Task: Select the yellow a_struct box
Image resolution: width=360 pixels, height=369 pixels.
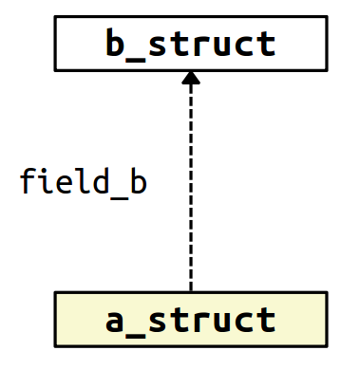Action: (190, 319)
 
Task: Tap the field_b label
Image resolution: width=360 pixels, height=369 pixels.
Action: (84, 180)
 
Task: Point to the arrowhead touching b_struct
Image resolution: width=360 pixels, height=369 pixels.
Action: (191, 81)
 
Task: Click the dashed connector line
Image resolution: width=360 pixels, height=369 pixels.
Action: (191, 190)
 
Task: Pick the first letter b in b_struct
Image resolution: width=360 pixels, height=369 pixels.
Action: (116, 44)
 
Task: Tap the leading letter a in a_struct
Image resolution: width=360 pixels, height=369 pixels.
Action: (116, 321)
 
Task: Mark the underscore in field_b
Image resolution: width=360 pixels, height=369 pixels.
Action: (120, 193)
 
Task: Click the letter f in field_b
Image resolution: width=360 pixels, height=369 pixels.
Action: (28, 180)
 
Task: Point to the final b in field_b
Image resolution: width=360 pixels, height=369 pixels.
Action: (138, 180)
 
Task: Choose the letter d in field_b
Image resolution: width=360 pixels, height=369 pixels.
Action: (102, 180)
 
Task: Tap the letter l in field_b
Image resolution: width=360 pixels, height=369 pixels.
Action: (84, 180)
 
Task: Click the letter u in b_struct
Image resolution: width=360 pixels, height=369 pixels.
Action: (222, 46)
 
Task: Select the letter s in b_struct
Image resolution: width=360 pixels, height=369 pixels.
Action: (159, 46)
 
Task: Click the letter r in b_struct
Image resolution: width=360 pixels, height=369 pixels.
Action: (201, 46)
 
